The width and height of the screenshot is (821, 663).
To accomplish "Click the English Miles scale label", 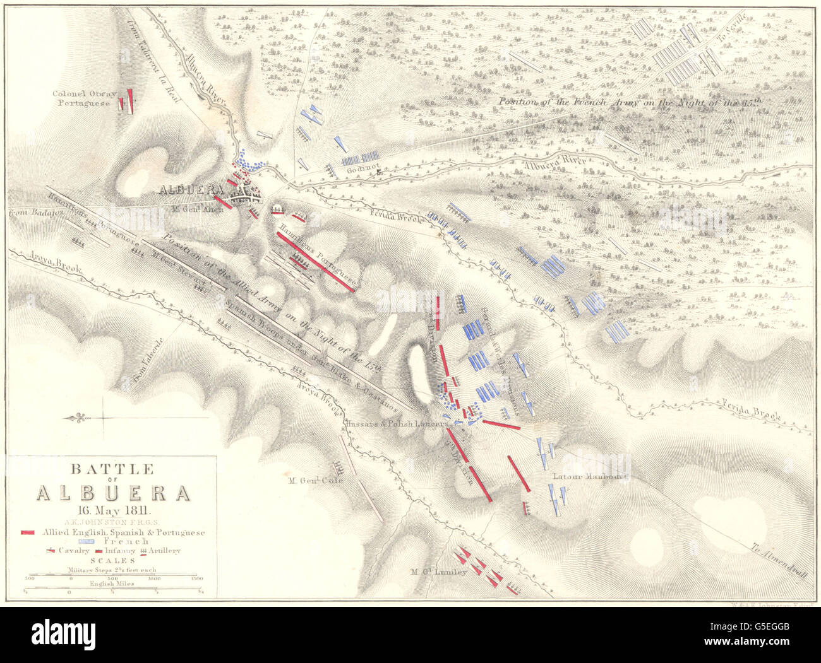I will point(111,584).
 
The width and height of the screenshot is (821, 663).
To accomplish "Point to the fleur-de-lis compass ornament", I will point(79,418).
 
